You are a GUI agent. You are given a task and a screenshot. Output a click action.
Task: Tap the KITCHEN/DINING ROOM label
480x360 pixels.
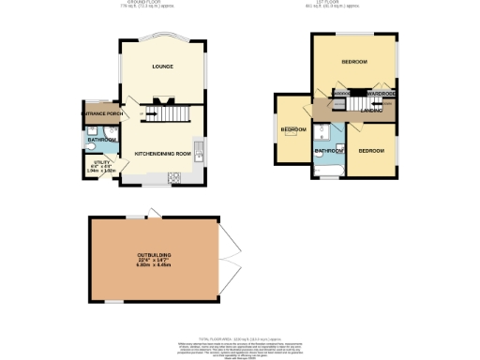(162, 153)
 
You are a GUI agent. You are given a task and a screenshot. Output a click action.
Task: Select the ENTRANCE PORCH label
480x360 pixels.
(103, 114)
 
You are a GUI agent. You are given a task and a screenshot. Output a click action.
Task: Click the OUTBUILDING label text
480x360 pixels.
(154, 254)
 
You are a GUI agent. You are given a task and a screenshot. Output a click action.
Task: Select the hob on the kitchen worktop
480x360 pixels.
(173, 178)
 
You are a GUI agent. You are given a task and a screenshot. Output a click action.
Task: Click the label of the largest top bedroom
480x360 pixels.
(353, 62)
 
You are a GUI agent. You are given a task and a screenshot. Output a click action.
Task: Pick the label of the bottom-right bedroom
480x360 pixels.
(370, 150)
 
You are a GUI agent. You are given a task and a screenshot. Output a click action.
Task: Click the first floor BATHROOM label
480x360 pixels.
(327, 150)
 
